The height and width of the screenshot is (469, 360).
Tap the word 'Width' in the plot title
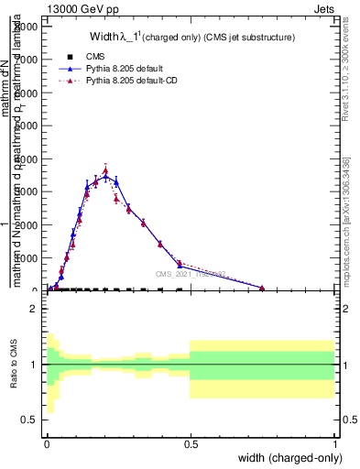point(104,38)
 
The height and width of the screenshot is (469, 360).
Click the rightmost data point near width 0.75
point(262,288)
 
